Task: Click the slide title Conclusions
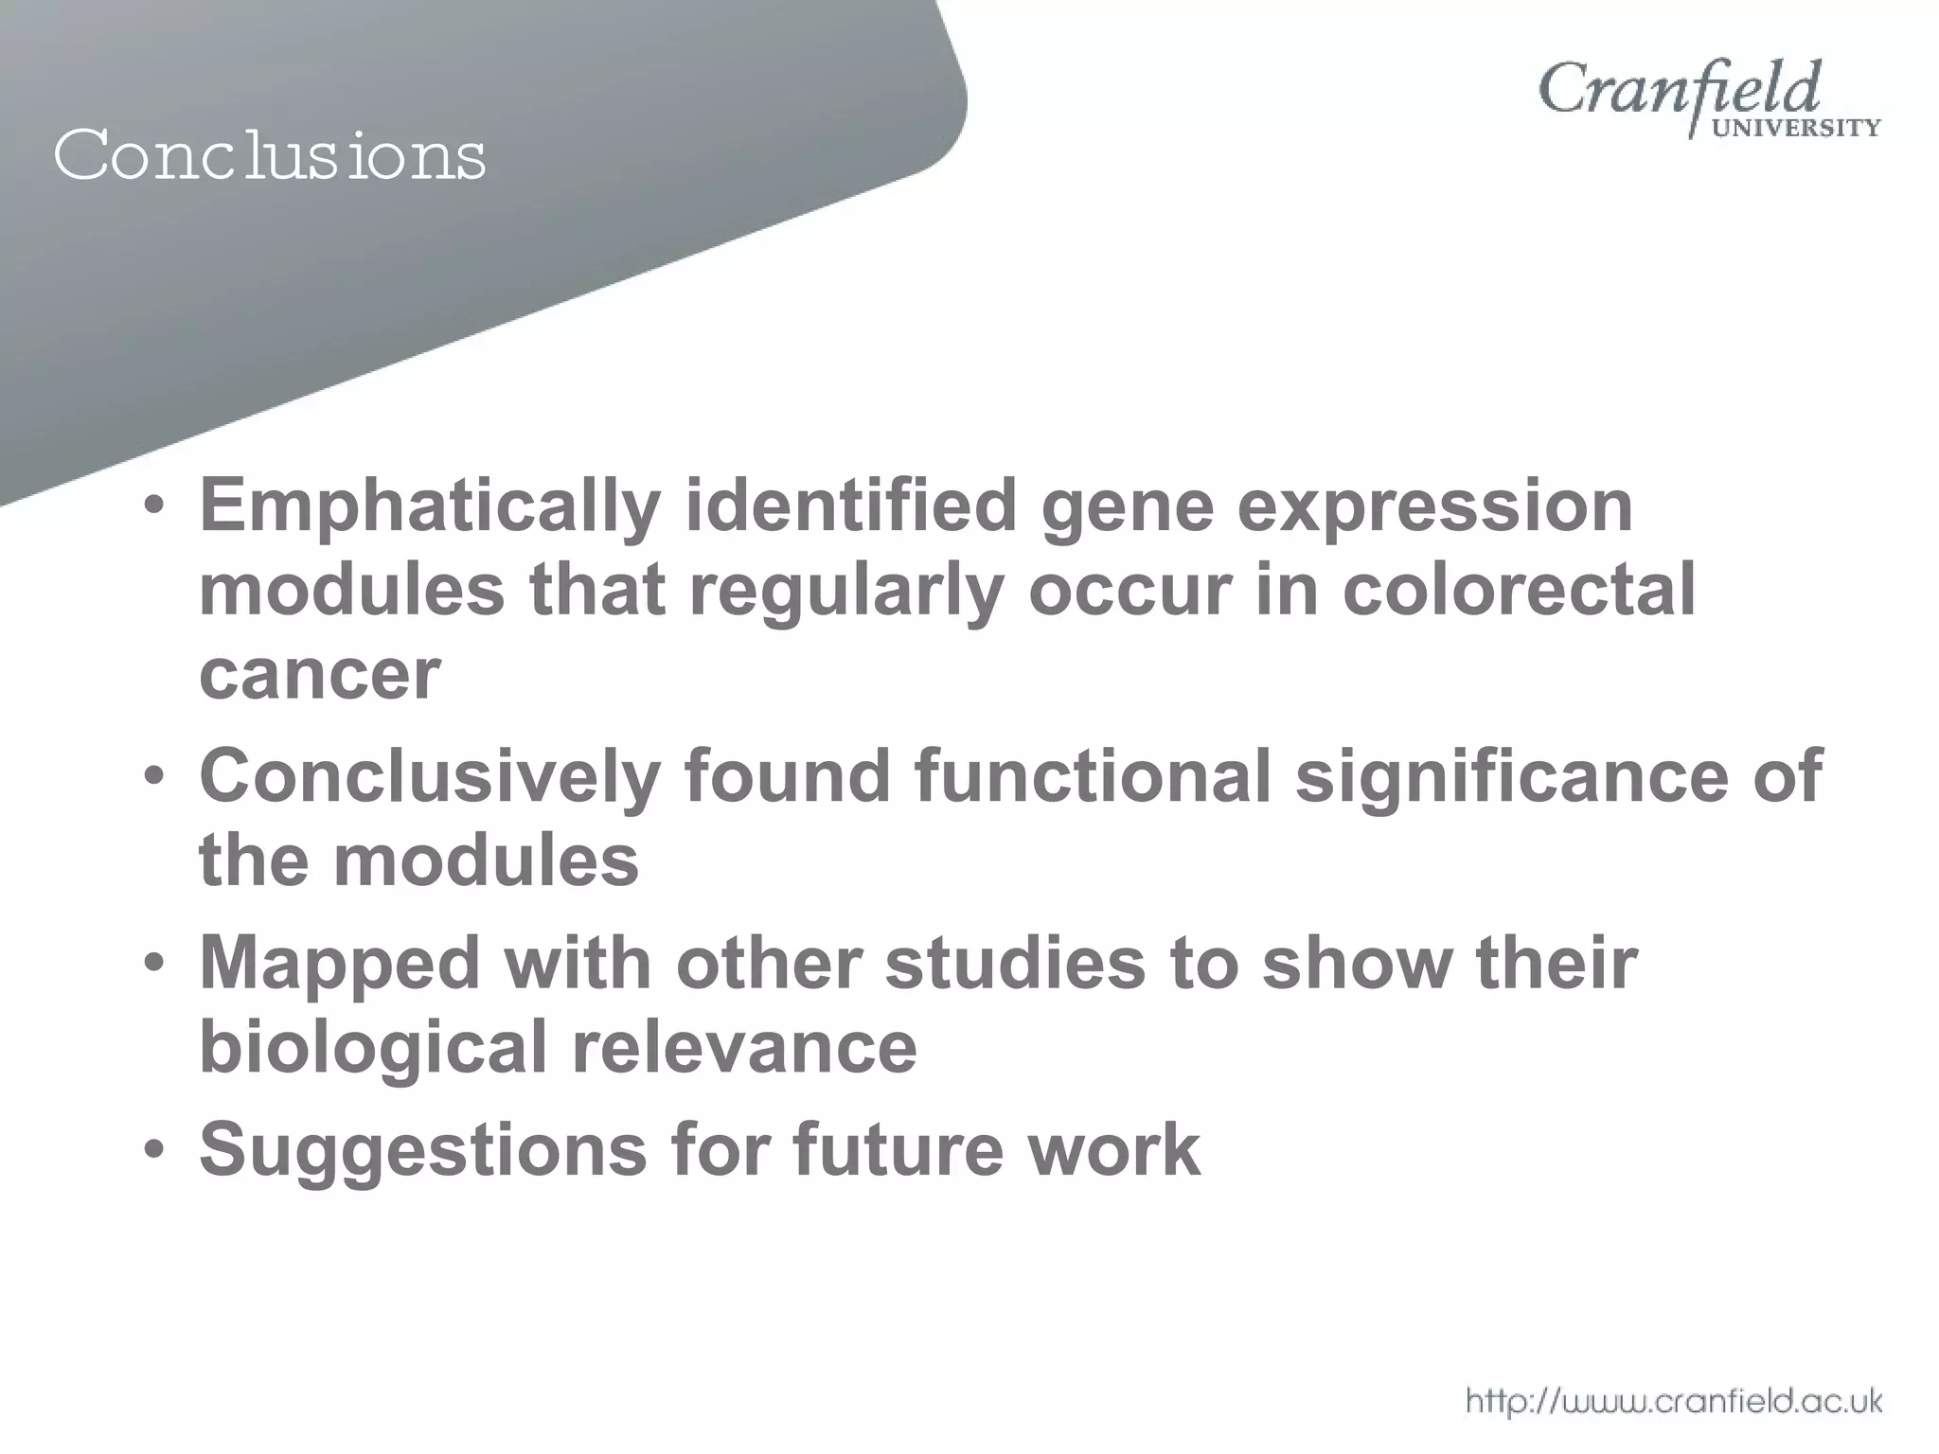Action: (270, 155)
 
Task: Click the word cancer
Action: (320, 674)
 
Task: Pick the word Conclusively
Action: (429, 776)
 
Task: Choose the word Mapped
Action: (340, 964)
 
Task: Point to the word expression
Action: (1434, 507)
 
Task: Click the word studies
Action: (1014, 964)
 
